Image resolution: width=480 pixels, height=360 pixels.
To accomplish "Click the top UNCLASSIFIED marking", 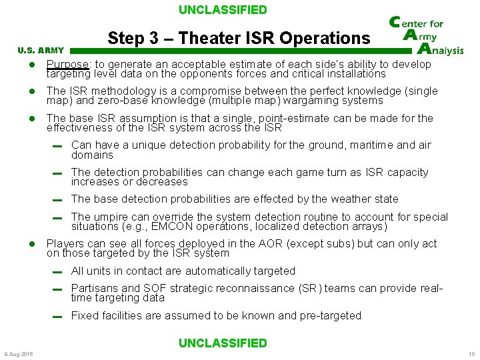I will (223, 10).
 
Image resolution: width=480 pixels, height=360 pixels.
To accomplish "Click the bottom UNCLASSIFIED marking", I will (223, 343).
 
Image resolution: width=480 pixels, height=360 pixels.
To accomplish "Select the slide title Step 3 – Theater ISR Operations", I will (239, 38).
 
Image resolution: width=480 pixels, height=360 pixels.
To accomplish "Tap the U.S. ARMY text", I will (41, 50).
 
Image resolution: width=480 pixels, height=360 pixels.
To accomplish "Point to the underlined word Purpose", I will (67, 65).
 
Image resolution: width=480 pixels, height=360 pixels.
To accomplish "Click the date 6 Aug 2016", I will (18, 353).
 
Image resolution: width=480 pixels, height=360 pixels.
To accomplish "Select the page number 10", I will (471, 353).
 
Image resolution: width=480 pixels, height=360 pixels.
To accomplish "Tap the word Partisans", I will (94, 288).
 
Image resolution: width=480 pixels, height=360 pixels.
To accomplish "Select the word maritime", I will (367, 145).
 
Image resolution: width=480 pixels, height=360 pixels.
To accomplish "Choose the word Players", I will (65, 243).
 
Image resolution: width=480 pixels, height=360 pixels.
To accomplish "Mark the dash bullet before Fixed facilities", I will (58, 317).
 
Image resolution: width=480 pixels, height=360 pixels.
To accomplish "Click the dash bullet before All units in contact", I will (58, 272).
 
